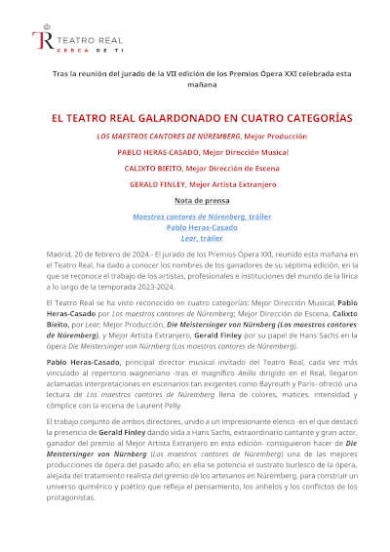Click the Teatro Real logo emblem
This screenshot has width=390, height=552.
(x=41, y=39)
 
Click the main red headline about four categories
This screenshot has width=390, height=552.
(x=202, y=117)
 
